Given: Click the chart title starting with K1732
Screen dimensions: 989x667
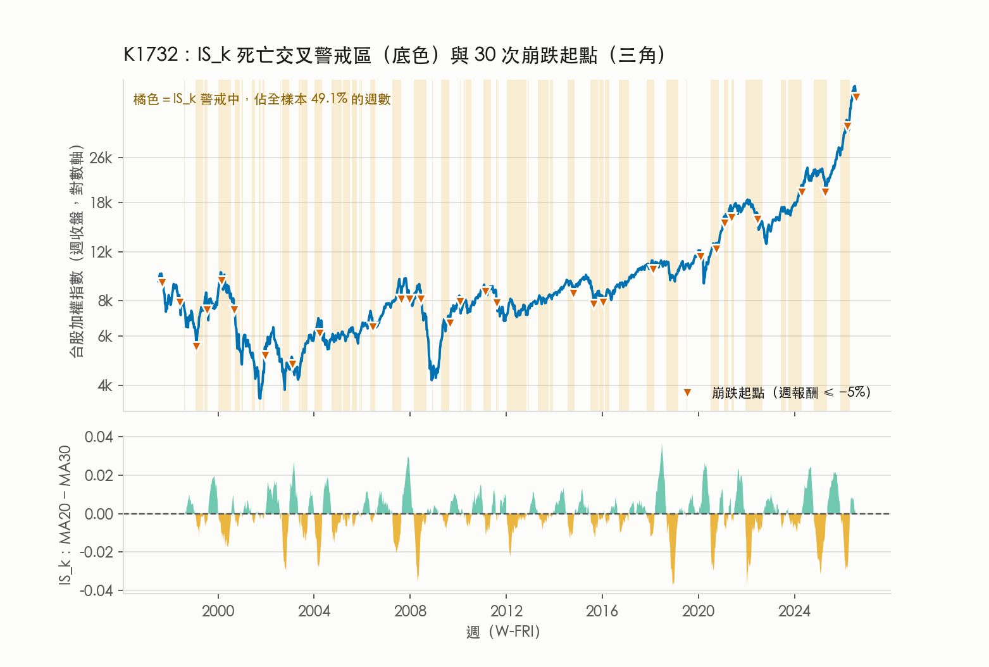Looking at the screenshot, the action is point(394,56).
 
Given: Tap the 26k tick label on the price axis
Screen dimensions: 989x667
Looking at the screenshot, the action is point(101,158).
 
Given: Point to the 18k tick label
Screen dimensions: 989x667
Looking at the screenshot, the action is point(101,203).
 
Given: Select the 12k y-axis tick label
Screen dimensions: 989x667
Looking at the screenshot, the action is point(101,252).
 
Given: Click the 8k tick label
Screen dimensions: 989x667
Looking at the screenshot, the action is point(105,301).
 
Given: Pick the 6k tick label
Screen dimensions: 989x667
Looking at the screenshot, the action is point(105,337).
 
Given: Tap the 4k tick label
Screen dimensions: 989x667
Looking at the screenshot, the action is point(105,386).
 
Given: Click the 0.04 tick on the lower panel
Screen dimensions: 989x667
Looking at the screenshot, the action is point(99,437).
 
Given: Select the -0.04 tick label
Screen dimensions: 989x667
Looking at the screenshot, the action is point(96,590).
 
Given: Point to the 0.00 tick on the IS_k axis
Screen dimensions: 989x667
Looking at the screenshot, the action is point(99,514).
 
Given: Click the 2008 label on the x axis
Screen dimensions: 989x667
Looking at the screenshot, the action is point(410,611).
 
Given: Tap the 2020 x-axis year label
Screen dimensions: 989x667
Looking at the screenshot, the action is point(699,611).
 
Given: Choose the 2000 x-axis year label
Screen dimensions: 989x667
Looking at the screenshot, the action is point(218,611).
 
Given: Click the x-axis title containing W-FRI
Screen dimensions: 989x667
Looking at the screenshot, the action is point(503,632).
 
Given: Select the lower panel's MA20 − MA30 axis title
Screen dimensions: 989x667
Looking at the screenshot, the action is point(65,515).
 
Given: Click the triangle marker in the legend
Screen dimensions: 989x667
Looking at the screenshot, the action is point(687,392).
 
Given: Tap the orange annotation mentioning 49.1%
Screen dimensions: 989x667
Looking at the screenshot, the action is point(262,99).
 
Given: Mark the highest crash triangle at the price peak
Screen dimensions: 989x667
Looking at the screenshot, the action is point(856,97).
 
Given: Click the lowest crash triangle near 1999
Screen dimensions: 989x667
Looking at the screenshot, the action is point(197,347).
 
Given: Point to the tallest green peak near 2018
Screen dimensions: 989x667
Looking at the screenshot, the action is point(662,446).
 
